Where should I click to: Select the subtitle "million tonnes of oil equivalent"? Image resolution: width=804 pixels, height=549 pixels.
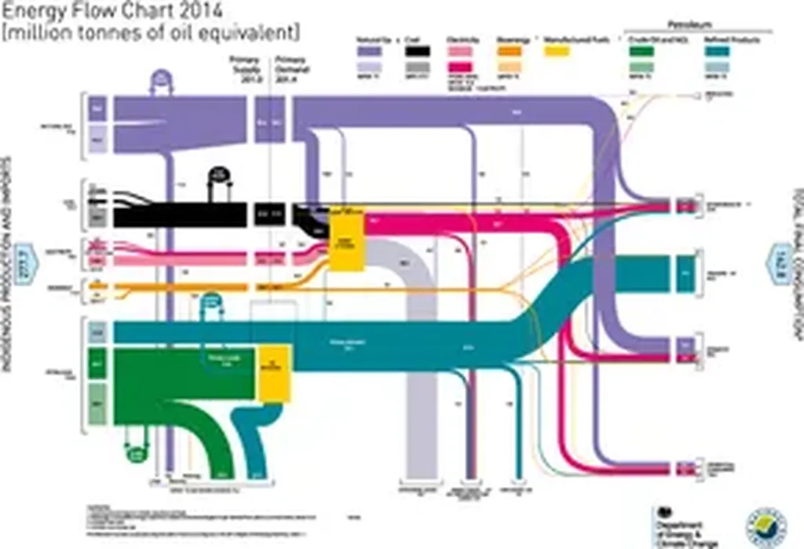click(151, 32)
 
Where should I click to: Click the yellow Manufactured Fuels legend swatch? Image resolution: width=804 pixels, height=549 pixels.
click(557, 51)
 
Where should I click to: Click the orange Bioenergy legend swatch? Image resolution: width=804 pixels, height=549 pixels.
click(511, 51)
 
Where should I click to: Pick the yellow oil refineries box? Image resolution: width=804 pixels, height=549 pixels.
click(275, 371)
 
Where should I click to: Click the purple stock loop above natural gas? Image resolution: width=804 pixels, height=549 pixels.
click(161, 82)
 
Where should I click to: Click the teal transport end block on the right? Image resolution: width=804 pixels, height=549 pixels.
click(685, 273)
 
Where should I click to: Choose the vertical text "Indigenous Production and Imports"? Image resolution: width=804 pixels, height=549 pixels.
click(6, 263)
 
